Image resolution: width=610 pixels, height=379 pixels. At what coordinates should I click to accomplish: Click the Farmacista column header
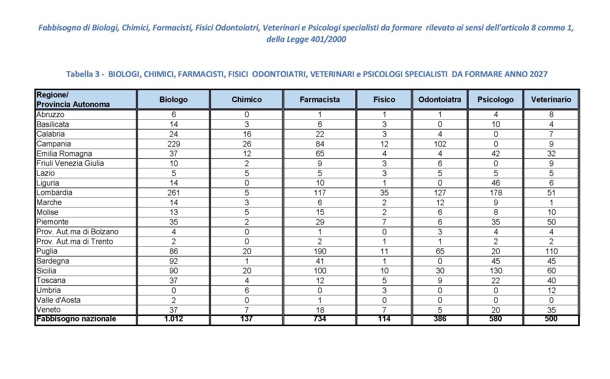point(320,99)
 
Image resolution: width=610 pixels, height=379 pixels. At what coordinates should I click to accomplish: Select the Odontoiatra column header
point(440,99)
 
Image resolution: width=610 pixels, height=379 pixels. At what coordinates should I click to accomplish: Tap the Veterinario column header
point(551,99)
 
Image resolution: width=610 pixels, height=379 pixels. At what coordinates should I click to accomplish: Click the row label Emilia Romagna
point(64,154)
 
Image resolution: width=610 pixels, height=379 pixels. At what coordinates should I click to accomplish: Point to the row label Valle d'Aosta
point(58,300)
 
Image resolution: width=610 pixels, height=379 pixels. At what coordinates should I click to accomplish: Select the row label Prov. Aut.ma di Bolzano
point(77,232)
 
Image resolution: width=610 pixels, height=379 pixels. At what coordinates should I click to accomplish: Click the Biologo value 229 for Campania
point(173,144)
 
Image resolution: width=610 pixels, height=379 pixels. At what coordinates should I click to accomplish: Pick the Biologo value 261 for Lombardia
point(173,193)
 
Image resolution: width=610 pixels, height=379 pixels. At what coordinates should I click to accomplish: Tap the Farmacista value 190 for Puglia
point(320,251)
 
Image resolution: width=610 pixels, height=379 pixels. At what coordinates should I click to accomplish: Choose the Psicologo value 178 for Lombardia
point(496,193)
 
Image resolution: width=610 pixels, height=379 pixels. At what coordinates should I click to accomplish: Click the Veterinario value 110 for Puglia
point(551,251)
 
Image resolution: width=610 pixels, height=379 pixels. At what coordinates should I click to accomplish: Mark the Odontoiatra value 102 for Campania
point(440,144)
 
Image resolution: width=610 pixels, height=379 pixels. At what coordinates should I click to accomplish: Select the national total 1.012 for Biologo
point(173,319)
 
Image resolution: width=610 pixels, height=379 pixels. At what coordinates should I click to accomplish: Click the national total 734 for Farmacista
point(320,319)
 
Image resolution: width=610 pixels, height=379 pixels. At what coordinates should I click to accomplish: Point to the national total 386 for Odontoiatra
point(440,319)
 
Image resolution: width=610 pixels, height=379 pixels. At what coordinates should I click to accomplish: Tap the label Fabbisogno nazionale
point(76,319)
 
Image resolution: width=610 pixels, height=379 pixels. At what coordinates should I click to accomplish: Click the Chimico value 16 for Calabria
point(247,134)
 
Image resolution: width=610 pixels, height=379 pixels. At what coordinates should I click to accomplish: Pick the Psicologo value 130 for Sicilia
point(496,271)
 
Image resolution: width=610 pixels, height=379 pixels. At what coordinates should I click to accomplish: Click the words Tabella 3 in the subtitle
point(83,74)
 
